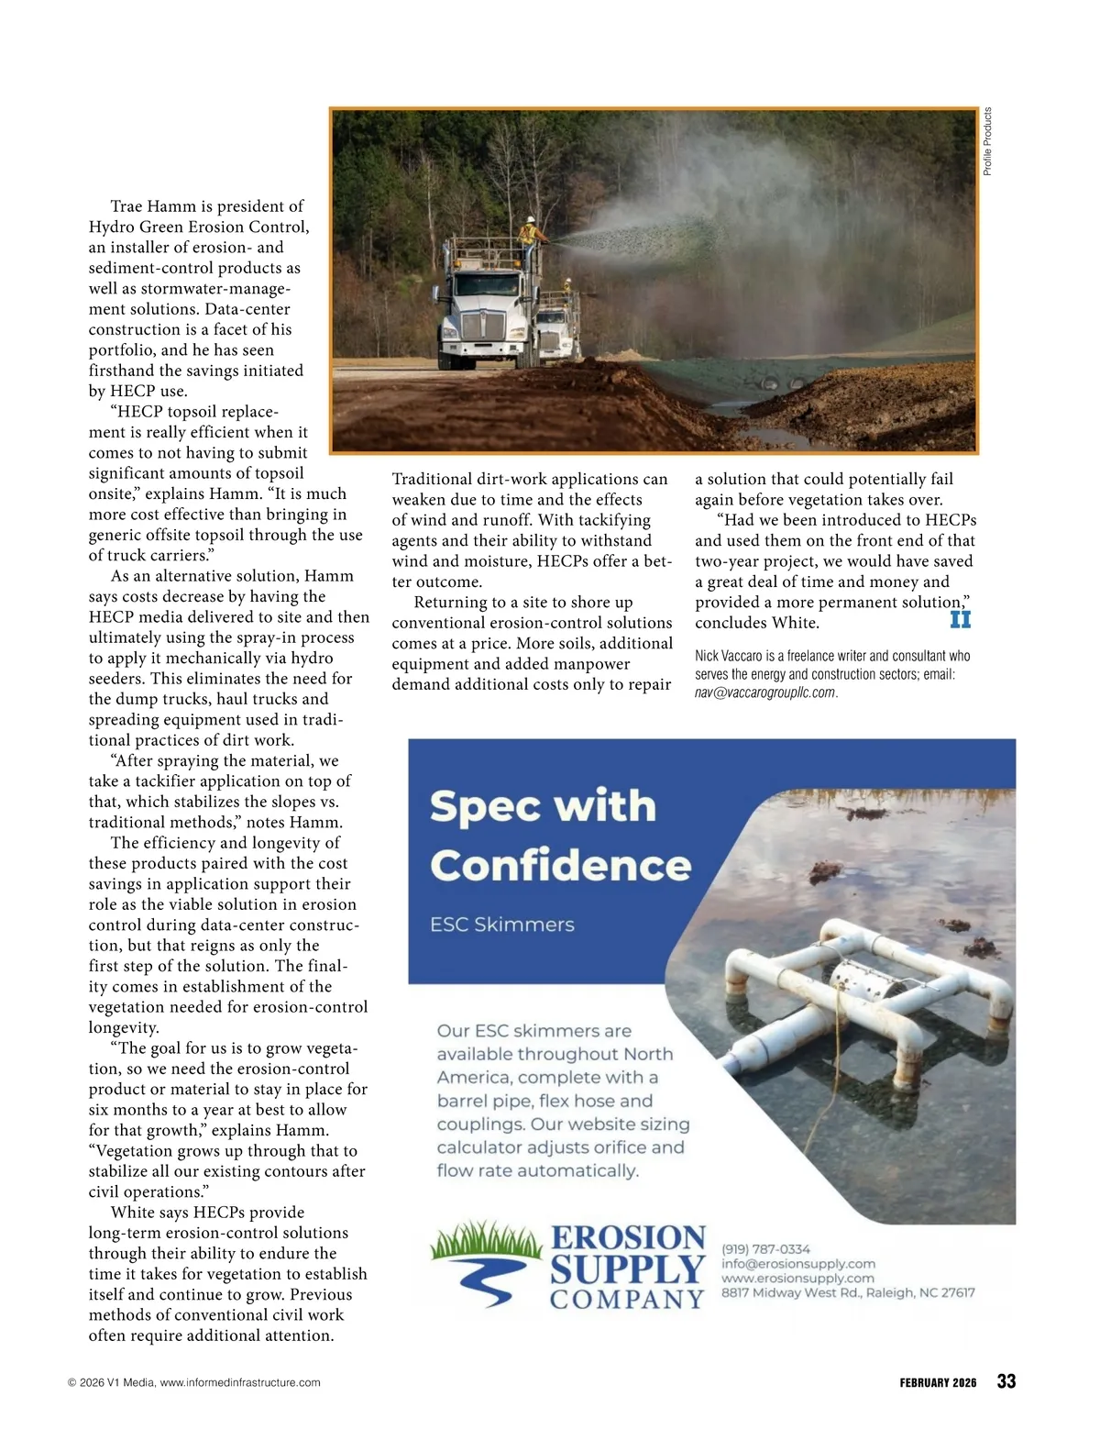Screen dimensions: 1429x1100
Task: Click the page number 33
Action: click(1006, 1381)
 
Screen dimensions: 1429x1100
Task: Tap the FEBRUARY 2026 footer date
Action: click(938, 1382)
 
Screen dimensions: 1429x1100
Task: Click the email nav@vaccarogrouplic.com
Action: click(765, 692)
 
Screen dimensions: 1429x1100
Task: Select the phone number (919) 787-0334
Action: click(765, 1248)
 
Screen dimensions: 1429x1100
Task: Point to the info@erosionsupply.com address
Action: click(797, 1263)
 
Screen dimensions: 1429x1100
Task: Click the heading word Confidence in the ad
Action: click(560, 866)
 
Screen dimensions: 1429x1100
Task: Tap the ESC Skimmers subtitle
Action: click(502, 925)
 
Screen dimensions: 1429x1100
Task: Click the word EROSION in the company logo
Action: click(628, 1237)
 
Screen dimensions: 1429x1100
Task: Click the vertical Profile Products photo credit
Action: click(987, 141)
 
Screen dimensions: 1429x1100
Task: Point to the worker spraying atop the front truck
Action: click(529, 231)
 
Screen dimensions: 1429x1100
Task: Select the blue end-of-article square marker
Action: click(960, 619)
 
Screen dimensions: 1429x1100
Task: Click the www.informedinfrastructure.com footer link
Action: click(240, 1382)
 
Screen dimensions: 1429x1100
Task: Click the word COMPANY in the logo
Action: click(627, 1300)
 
